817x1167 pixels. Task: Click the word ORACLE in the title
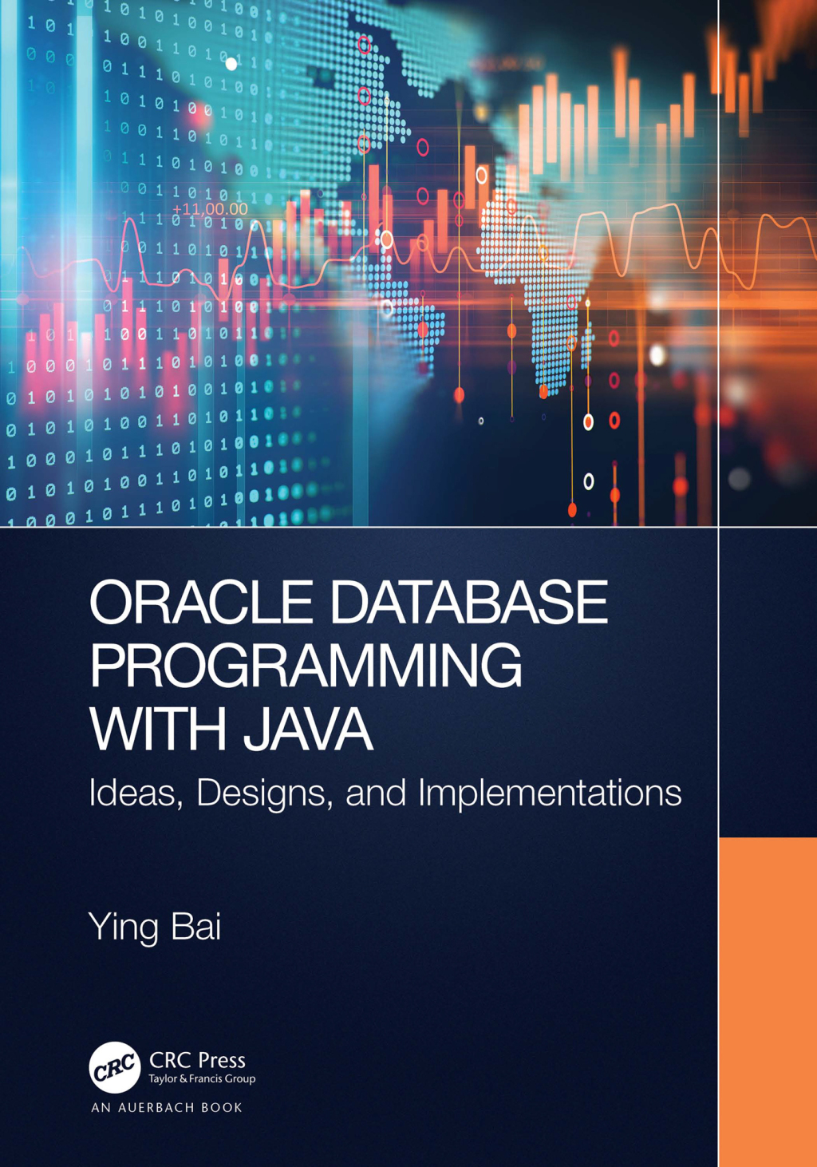click(201, 603)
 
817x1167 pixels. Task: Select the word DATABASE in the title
click(468, 603)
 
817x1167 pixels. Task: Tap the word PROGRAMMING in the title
click(306, 666)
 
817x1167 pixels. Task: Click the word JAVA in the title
click(308, 729)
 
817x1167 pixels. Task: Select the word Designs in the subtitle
click(264, 793)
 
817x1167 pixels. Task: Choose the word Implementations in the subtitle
click(550, 793)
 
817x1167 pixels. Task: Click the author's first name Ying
click(124, 928)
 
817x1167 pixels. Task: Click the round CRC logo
click(114, 1067)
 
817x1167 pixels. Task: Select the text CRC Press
click(197, 1060)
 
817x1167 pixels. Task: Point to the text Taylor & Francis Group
click(202, 1079)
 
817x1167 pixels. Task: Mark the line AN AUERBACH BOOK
click(167, 1108)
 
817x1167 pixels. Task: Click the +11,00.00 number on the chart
click(211, 209)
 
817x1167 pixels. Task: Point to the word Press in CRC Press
click(222, 1060)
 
